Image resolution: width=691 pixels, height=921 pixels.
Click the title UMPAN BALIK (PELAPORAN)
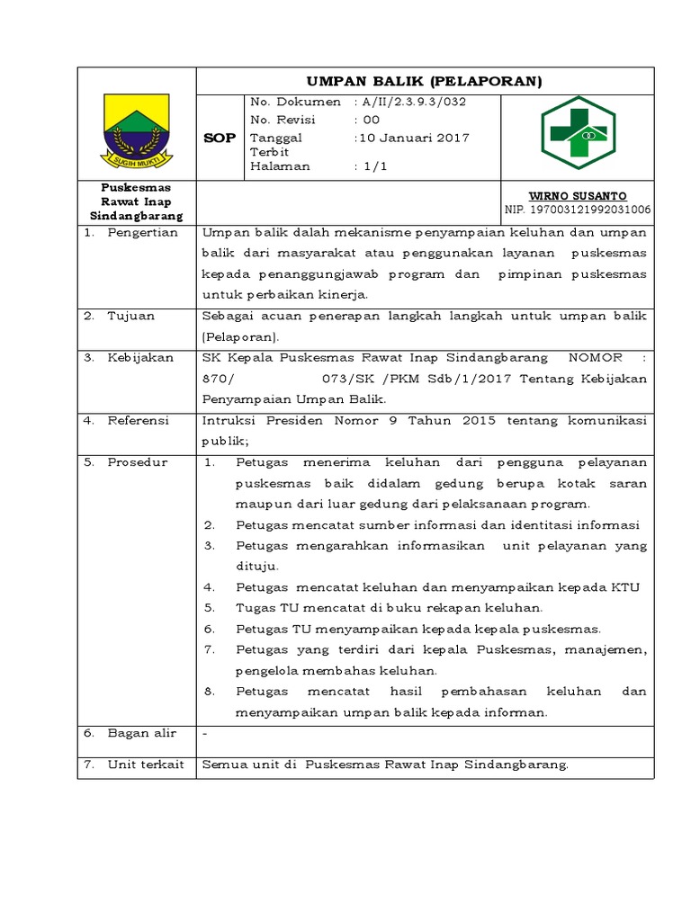425,82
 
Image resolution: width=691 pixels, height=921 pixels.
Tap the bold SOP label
220,138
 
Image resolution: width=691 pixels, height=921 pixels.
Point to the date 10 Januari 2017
414,138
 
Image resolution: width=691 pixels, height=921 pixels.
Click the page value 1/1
370,165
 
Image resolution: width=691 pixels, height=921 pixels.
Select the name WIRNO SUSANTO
589,196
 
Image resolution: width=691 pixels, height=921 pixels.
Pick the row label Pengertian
142,233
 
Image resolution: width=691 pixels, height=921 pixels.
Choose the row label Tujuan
130,316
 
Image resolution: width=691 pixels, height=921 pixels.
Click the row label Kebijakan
140,357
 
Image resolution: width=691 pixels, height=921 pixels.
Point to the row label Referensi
139,420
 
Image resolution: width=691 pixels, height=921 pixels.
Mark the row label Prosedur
138,462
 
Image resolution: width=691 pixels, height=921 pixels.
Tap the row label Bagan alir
140,733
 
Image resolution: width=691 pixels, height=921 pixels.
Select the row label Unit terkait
145,765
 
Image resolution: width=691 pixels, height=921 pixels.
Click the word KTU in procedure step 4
624,587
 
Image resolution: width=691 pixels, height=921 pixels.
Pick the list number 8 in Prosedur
208,692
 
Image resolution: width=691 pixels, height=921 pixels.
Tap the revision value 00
371,120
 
